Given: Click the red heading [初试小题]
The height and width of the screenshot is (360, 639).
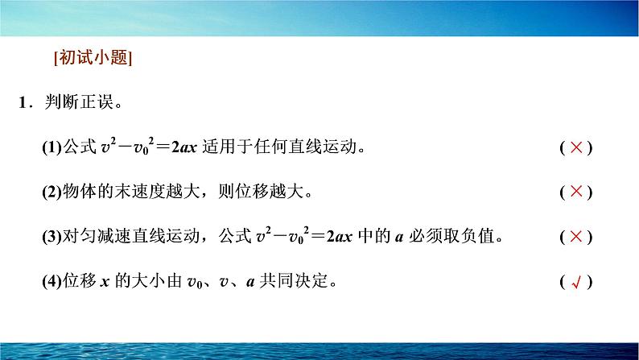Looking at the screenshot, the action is coord(93,57).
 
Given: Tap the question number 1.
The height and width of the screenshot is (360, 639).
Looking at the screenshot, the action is coord(23,102).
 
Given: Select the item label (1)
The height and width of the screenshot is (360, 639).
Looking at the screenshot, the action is coord(52,147).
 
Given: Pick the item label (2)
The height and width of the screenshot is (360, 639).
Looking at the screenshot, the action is coord(52,191).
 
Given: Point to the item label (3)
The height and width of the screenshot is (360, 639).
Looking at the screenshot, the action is coord(52,236).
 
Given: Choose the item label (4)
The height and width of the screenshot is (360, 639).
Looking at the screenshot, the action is coord(52,281).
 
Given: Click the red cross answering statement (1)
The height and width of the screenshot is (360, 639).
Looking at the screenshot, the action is coord(576,147).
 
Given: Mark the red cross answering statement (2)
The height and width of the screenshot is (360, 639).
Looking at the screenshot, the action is coord(576,191).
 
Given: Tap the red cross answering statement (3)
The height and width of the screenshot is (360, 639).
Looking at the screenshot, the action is coord(576,236).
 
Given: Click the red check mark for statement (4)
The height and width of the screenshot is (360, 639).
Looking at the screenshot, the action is coord(576,282).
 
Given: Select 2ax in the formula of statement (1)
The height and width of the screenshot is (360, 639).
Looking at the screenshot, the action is coord(184,147).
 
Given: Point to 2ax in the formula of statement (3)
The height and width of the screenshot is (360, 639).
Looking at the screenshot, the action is coord(339,237).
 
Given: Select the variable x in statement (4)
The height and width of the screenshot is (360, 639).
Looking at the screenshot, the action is coord(105,282).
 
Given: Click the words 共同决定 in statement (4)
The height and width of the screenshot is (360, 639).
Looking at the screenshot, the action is coord(294,280).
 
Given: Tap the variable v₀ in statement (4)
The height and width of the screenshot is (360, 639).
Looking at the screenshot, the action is coord(195,283).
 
